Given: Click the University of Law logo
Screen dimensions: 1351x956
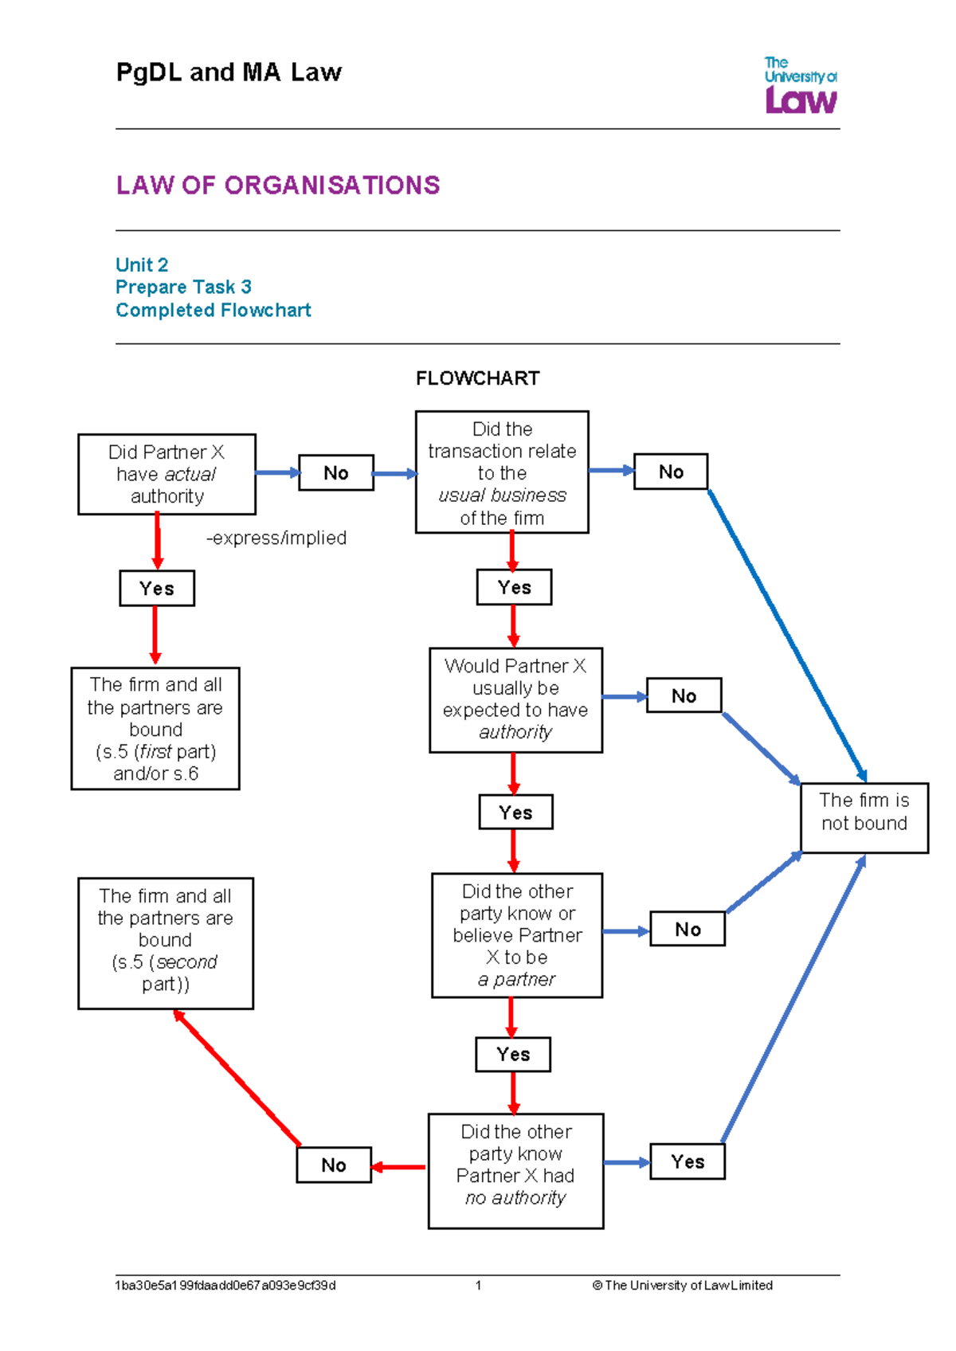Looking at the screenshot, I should (800, 85).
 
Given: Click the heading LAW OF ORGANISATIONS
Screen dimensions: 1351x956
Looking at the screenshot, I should (277, 186).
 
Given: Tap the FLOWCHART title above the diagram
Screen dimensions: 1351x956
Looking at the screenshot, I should (477, 378).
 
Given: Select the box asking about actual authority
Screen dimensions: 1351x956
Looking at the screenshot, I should (167, 474).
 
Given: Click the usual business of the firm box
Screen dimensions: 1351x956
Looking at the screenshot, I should (502, 472).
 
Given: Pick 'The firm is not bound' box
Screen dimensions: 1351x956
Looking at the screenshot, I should (864, 817).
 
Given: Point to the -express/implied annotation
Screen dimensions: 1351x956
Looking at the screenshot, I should (276, 538).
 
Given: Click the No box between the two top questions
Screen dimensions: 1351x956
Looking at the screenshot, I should (335, 473).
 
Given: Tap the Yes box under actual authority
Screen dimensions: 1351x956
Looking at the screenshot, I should (157, 589).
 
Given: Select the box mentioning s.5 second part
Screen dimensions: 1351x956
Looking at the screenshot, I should (166, 943).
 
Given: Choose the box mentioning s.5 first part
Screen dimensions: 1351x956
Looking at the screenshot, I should (155, 728).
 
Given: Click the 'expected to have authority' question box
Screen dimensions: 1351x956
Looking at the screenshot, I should (515, 699).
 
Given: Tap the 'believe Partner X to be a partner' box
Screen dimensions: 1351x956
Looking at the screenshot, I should (517, 935).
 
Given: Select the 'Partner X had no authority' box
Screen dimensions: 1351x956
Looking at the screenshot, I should (515, 1170).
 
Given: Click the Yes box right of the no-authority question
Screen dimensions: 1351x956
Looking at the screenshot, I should (688, 1161).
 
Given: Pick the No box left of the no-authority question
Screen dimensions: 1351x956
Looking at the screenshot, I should (334, 1165).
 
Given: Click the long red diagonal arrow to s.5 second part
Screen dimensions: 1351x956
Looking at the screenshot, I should (237, 1079).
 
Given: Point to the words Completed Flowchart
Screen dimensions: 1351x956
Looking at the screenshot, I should (214, 310).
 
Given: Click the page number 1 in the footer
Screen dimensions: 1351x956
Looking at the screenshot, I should (478, 1285).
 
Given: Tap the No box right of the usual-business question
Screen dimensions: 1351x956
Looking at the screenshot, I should (671, 472).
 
